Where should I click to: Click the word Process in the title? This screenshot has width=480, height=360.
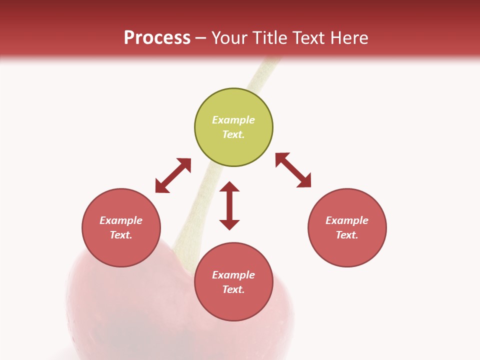(157, 38)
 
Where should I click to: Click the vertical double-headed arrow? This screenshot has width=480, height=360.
(229, 206)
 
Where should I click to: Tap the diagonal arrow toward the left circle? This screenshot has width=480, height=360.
(173, 175)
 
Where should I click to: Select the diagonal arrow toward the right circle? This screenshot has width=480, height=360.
(293, 170)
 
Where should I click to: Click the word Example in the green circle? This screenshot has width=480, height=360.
(233, 120)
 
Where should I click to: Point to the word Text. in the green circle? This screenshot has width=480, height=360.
(233, 134)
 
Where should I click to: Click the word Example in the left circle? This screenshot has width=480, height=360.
(121, 220)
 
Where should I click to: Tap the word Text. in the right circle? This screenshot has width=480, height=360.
(347, 235)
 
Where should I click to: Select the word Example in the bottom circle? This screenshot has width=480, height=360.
(233, 275)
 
